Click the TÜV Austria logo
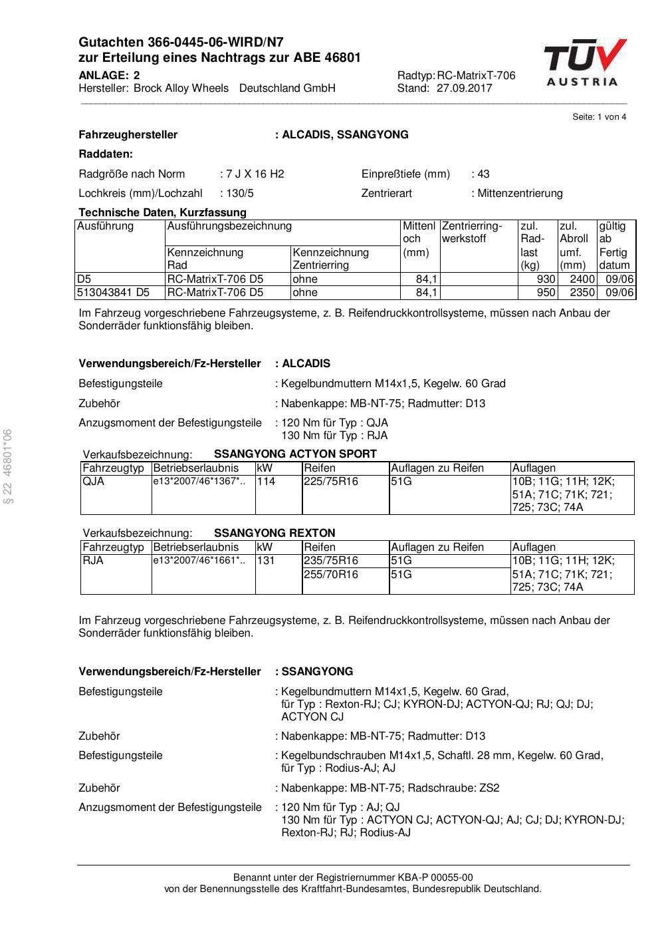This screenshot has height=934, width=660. tap(585, 62)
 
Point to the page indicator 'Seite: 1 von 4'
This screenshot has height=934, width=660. tap(599, 117)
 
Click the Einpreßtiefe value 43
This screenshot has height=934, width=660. tap(483, 174)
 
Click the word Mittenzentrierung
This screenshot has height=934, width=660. tap(520, 193)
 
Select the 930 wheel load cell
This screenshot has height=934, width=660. tap(546, 279)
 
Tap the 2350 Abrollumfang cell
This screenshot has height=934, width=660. tap(583, 293)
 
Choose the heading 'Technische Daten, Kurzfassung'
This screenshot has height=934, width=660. tap(162, 212)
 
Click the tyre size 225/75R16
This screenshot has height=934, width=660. tap(331, 481)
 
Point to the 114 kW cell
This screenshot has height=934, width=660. tap(266, 481)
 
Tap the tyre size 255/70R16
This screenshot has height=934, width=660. tap(331, 573)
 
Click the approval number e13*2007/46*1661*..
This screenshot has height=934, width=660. tap(198, 560)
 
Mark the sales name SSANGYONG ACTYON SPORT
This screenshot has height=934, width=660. tap(295, 454)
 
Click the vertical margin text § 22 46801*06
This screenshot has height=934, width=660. tap(8, 466)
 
